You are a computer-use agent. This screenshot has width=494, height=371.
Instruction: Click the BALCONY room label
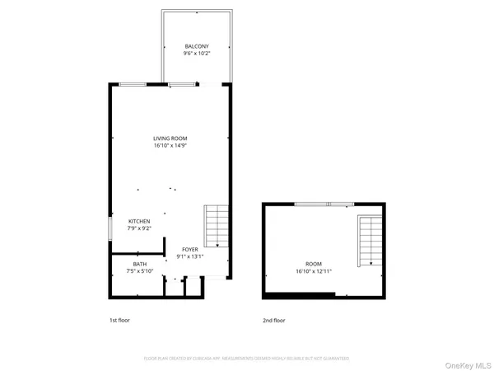(196, 46)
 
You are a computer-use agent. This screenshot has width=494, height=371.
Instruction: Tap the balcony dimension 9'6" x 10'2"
(196, 54)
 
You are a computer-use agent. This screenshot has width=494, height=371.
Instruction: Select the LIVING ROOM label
(169, 138)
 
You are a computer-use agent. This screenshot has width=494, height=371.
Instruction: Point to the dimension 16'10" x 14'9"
(169, 146)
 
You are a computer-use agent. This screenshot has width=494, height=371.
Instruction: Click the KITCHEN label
(139, 221)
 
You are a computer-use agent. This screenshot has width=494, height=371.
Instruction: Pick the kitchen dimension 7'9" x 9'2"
(139, 229)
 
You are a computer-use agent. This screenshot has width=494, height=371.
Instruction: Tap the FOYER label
(191, 248)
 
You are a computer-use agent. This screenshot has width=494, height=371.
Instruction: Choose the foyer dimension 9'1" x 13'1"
(191, 256)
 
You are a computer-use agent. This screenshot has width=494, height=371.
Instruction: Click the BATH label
(139, 264)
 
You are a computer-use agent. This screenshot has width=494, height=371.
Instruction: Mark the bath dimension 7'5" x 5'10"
(139, 271)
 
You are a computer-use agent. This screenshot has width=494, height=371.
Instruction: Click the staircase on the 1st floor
(216, 227)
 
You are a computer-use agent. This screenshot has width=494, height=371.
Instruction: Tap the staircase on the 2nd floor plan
(370, 241)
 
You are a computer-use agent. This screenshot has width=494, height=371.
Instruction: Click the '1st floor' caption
(119, 320)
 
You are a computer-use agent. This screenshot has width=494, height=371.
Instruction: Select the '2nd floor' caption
(273, 320)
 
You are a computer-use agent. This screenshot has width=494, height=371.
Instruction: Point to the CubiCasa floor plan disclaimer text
(247, 359)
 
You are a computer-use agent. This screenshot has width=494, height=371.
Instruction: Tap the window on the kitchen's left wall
(110, 226)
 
